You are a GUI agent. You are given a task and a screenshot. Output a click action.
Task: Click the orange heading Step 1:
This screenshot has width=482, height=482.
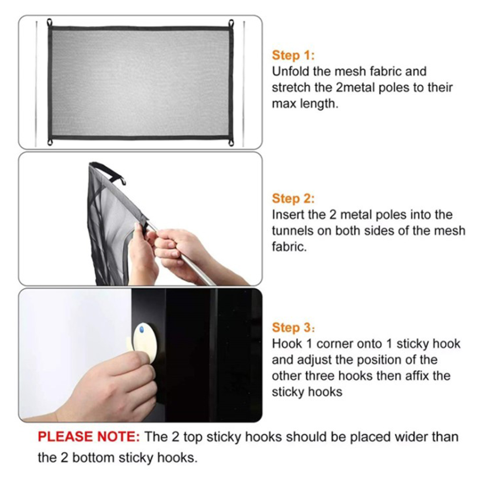tap(293, 55)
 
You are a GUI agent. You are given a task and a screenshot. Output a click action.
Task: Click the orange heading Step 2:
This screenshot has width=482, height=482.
tap(293, 199)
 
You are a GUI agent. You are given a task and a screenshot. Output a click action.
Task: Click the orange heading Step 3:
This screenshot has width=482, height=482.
tap(293, 327)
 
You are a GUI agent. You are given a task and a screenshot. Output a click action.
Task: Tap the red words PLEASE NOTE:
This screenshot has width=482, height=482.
tap(89, 437)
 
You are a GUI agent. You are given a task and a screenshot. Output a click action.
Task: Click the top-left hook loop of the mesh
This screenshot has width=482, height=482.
tap(50, 23)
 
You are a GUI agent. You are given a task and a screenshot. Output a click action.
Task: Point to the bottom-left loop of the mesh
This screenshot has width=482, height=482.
tap(50, 142)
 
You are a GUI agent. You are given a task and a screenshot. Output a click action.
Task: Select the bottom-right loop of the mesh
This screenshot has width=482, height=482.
tap(231, 142)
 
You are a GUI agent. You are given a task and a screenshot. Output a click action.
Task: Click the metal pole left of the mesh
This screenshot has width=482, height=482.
tap(36, 84)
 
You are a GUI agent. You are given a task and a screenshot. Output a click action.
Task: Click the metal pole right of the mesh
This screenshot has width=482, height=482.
tap(244, 84)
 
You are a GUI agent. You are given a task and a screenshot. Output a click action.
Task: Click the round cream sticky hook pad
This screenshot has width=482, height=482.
tap(145, 342)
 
